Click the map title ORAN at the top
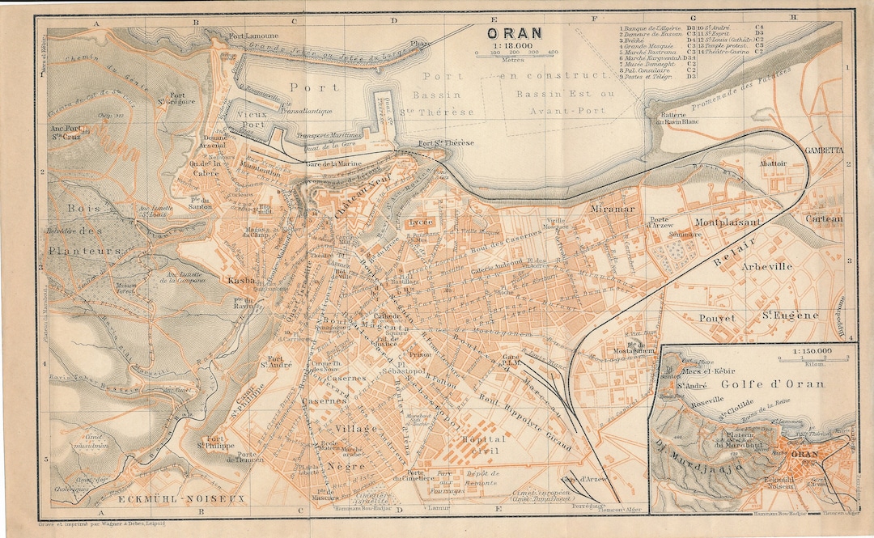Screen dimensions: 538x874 click(x=515, y=34)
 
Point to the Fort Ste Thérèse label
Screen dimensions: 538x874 click(x=444, y=144)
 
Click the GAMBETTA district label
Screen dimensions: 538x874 click(x=824, y=150)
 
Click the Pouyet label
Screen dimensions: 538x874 click(x=718, y=318)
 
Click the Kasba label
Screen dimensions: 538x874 click(x=242, y=281)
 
